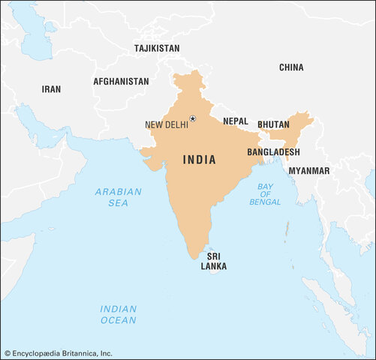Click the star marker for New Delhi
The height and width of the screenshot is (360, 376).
tap(192, 118)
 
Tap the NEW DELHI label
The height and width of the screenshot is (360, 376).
tap(166, 124)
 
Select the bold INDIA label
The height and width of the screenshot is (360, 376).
tap(200, 160)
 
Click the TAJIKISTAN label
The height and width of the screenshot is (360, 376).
tap(157, 48)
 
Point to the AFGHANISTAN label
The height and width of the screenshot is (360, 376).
tap(121, 81)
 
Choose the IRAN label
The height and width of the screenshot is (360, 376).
tap(51, 88)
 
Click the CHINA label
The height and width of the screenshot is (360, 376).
tap(291, 67)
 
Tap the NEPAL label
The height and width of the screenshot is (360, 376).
tap(236, 121)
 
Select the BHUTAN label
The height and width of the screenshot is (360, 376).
tap(273, 124)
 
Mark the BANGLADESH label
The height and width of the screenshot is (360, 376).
tap(273, 151)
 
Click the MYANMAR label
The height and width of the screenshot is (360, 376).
tap(308, 171)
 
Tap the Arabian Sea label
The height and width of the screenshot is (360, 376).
tap(118, 197)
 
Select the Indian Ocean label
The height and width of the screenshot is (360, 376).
tap(119, 314)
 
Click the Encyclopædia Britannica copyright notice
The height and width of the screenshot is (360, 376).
tap(58, 352)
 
